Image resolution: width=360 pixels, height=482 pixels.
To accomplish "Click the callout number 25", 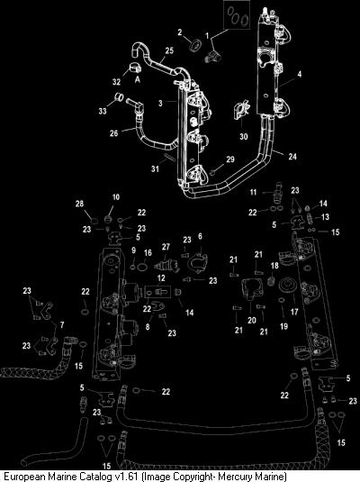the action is click(x=169, y=50).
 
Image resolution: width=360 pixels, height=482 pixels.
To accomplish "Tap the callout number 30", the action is click(x=244, y=136).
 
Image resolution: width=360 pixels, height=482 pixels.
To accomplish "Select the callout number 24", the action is click(x=292, y=157).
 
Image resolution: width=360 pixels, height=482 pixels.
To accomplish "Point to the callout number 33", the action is click(x=103, y=111).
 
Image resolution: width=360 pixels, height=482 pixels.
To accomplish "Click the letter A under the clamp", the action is click(x=138, y=79).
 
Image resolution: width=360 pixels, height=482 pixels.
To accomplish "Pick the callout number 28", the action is click(x=79, y=204).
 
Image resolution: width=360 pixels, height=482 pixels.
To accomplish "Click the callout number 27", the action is click(x=166, y=247).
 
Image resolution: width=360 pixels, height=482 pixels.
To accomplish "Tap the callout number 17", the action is click(x=294, y=312).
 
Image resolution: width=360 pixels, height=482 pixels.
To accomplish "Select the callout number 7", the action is click(x=62, y=324).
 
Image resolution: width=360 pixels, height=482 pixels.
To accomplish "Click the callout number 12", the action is click(x=161, y=278).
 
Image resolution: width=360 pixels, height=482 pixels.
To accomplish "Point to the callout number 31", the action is click(x=155, y=168).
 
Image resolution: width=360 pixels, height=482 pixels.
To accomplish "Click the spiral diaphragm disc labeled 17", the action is click(x=287, y=285).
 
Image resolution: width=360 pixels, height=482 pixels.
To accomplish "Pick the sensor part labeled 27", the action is click(x=166, y=265).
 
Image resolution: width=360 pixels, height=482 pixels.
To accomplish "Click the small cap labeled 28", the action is click(x=94, y=220).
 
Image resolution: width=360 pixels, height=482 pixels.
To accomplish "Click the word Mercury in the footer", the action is click(x=234, y=477).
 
